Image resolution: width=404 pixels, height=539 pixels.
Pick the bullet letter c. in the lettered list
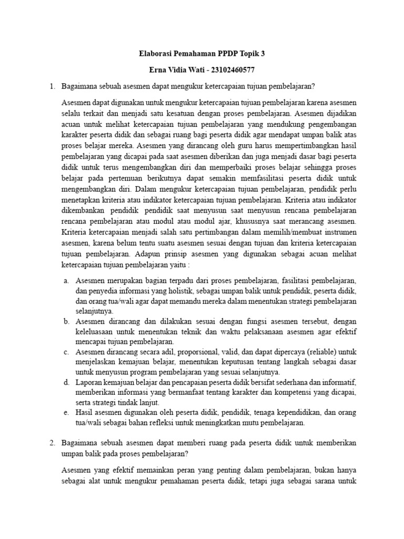click(67, 352)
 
